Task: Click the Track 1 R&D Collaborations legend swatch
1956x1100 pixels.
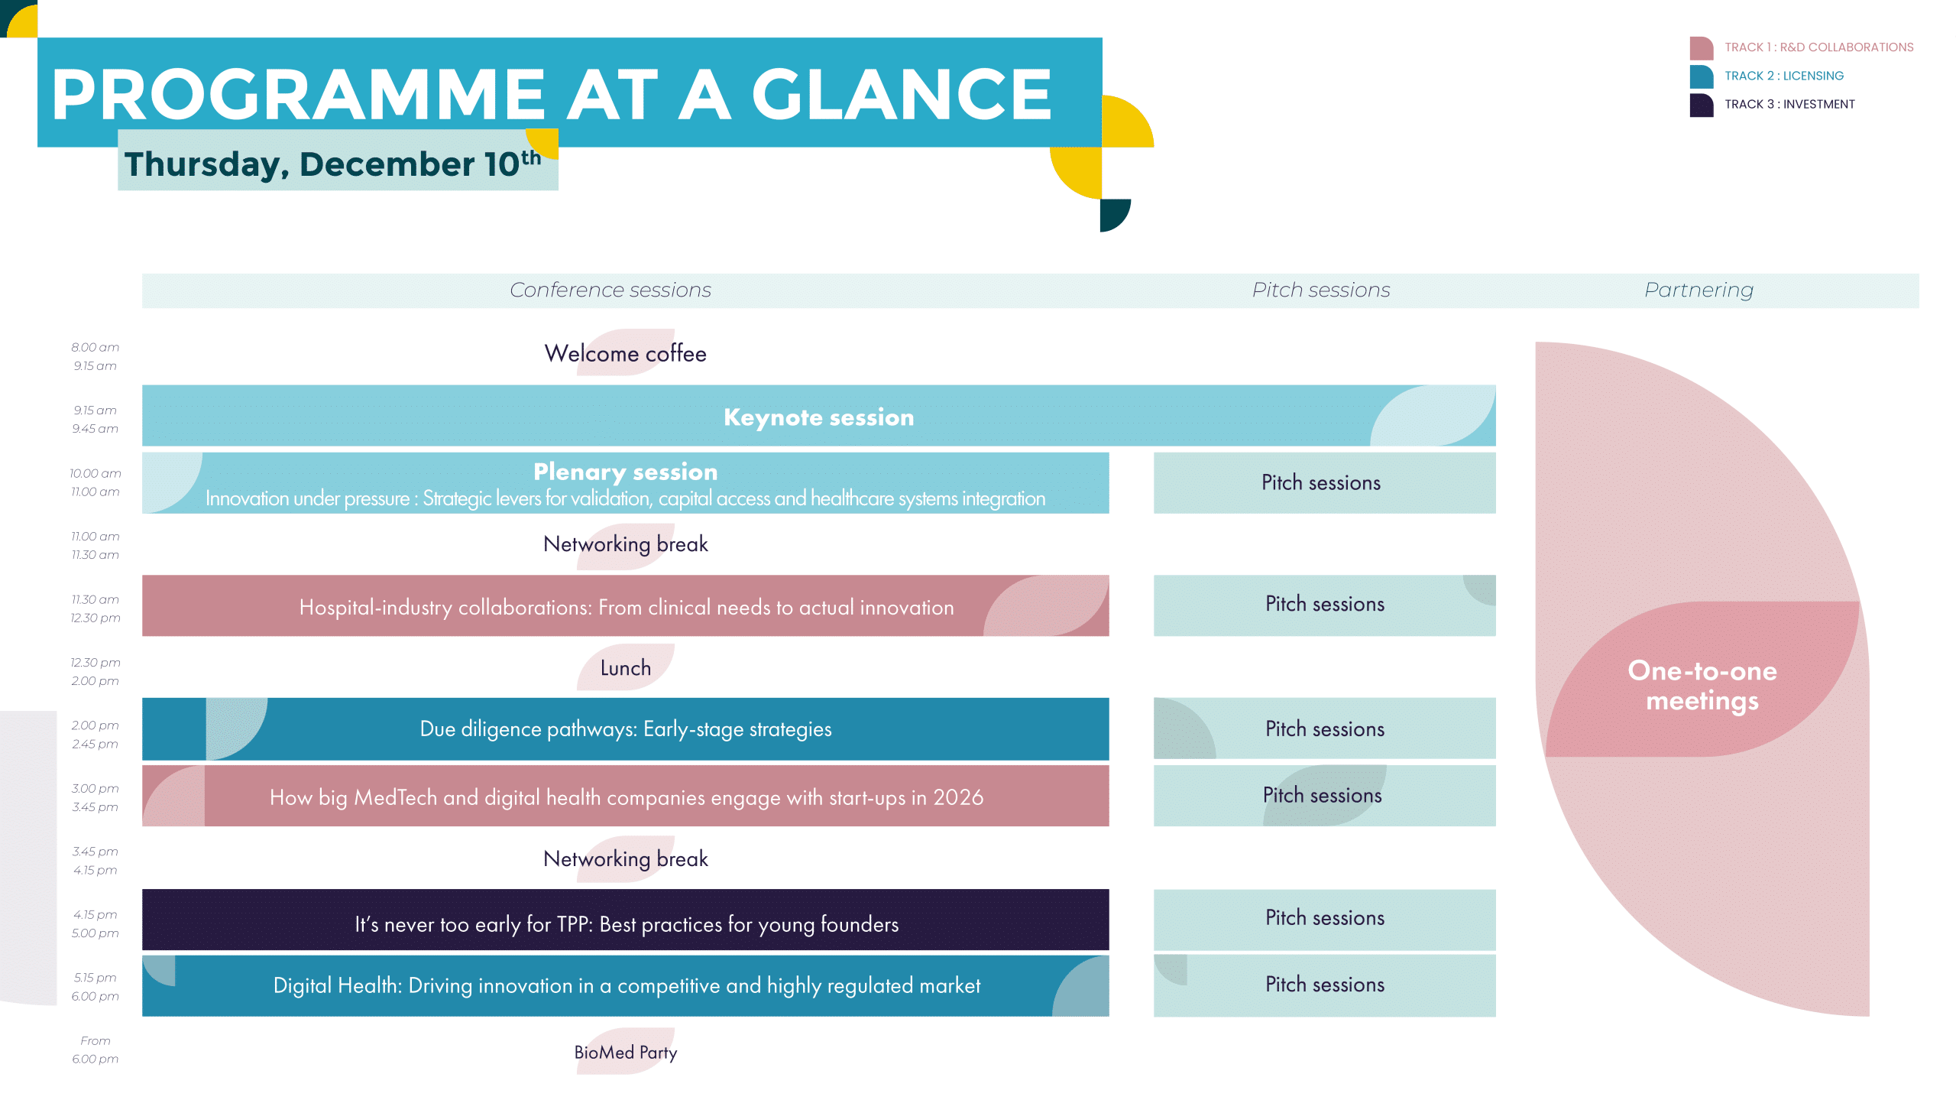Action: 1701,48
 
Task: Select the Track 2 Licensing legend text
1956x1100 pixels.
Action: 1783,76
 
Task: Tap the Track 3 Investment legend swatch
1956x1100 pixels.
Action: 1701,105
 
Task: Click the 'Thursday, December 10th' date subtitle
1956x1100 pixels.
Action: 333,164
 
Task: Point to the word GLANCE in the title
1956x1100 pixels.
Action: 902,95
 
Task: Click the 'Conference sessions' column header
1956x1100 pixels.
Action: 610,290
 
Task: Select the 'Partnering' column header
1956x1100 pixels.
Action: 1699,290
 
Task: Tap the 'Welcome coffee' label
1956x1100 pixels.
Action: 625,353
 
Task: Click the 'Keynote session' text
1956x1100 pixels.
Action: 818,417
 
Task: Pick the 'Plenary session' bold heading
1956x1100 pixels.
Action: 625,472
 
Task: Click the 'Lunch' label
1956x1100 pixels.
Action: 625,668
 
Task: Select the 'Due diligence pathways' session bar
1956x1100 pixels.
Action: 625,728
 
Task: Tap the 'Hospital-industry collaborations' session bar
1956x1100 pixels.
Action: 625,605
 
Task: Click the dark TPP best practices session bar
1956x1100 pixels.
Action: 625,920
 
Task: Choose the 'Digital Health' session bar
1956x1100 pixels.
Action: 625,985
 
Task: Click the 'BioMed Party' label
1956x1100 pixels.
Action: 625,1053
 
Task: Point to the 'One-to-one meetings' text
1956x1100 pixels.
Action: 1702,686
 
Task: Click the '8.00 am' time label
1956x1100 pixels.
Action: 96,347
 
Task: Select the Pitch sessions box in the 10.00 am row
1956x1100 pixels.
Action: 1324,482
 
